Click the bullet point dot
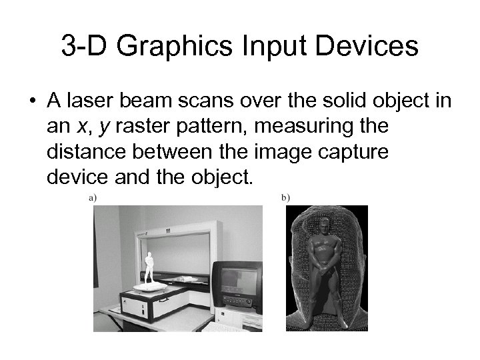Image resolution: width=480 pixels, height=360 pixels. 32,101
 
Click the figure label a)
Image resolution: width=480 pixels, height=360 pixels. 92,197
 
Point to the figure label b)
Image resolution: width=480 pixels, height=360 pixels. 285,197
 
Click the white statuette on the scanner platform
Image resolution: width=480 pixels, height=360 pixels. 149,267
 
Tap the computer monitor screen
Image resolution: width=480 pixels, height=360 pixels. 239,281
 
